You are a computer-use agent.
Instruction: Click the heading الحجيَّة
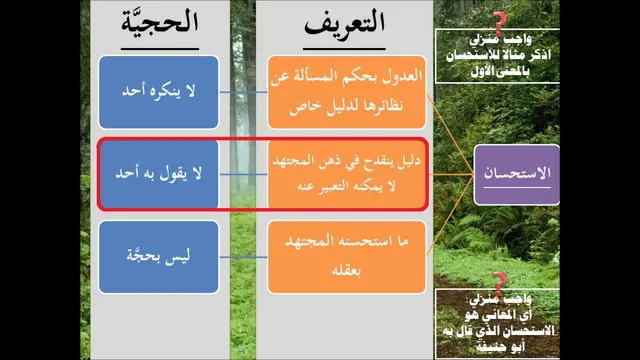[160, 22]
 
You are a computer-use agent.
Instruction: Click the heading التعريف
[344, 22]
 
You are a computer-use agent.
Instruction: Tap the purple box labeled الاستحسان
[516, 175]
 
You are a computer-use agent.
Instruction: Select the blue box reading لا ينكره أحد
[159, 92]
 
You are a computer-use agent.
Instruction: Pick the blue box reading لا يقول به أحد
[159, 174]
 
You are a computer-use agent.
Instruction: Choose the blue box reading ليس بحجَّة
[159, 257]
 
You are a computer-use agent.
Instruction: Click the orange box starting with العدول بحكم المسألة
[347, 92]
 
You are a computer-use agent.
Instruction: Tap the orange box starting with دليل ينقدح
[347, 174]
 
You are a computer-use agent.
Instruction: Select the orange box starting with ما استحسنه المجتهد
[347, 257]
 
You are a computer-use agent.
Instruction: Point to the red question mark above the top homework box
[499, 23]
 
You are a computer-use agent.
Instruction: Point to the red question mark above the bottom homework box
[499, 282]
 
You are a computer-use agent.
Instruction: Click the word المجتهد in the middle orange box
[293, 161]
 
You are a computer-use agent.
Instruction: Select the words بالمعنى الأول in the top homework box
[500, 72]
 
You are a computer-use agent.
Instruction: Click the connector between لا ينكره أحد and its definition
[243, 92]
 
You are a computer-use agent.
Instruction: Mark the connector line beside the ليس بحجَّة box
[243, 257]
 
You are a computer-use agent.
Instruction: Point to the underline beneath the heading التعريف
[344, 49]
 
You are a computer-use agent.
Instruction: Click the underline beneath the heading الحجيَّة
[160, 49]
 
